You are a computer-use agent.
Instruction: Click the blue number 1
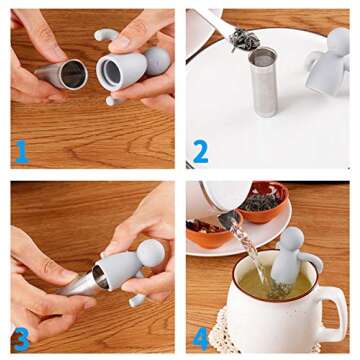tap(20, 152)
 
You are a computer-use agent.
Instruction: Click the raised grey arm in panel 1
tap(105, 35)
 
